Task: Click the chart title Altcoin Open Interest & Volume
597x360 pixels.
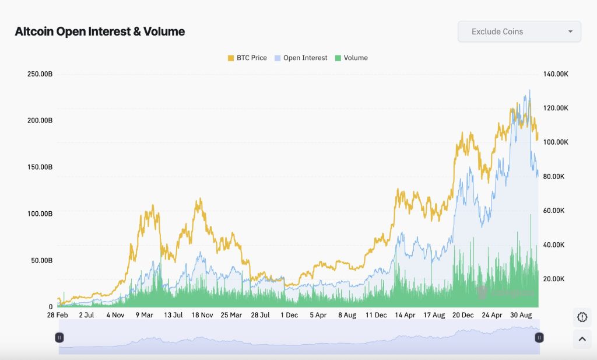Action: tap(100, 32)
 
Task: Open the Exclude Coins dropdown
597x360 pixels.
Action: tap(519, 32)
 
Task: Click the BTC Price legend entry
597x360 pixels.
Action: tap(247, 58)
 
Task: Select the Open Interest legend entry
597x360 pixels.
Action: tap(300, 58)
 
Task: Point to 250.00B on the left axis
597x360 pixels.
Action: tap(40, 74)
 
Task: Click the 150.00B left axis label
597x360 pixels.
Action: tap(40, 167)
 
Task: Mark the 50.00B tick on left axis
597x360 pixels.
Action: tap(41, 260)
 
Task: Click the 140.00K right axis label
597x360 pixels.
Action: tap(554, 74)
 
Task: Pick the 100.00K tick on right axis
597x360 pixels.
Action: tap(554, 142)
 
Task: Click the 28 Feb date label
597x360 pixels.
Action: tap(57, 315)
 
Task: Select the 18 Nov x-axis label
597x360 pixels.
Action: tap(202, 315)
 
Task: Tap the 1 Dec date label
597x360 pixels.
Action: tap(289, 315)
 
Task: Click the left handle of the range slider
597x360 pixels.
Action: tap(59, 337)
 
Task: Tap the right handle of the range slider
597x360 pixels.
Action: tap(539, 337)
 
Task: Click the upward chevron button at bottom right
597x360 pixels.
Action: tap(582, 338)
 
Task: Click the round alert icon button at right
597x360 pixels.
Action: tap(582, 317)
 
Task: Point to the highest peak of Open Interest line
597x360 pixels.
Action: tap(529, 90)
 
